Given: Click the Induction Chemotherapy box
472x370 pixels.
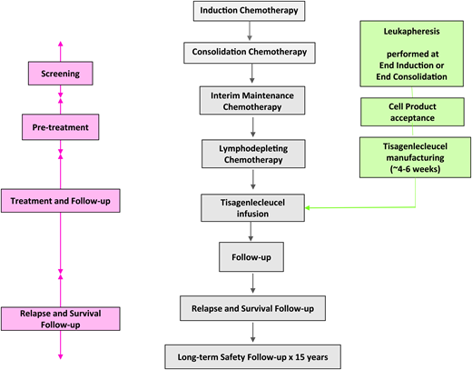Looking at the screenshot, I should coord(250,11).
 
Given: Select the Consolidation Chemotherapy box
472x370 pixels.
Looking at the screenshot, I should coord(251,53).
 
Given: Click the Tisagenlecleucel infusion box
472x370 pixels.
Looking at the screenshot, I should coord(251,206).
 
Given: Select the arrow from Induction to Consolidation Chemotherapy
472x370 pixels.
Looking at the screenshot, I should coord(251,32).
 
